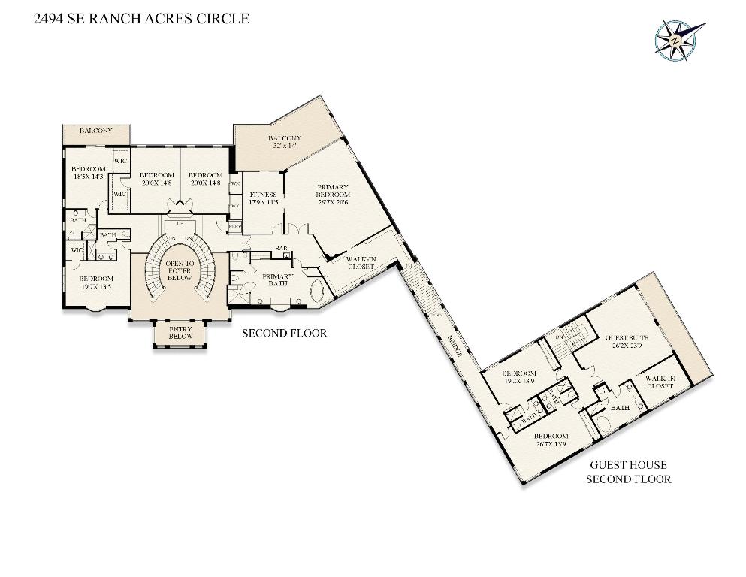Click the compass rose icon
tap(678, 39)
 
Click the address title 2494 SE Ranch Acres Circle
tap(141, 19)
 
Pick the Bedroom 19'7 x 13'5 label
tap(96, 282)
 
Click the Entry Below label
tap(180, 332)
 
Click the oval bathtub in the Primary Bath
tap(316, 290)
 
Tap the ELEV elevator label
tap(234, 225)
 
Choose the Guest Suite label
tap(626, 343)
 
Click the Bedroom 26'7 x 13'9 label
tap(551, 440)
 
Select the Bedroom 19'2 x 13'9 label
tap(518, 377)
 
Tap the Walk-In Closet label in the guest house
tap(660, 382)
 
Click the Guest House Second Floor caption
tap(628, 472)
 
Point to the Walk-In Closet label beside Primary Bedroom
tap(361, 263)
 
